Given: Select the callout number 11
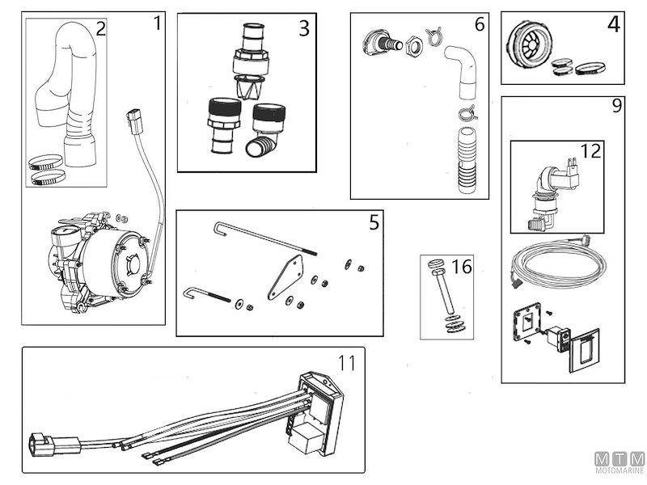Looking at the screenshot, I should click(x=346, y=364).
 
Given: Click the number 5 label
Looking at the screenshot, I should click(x=374, y=222).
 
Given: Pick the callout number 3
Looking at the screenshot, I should click(x=303, y=29).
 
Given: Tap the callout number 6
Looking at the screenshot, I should click(x=480, y=24).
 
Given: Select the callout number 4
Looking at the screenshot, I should click(x=614, y=25).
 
